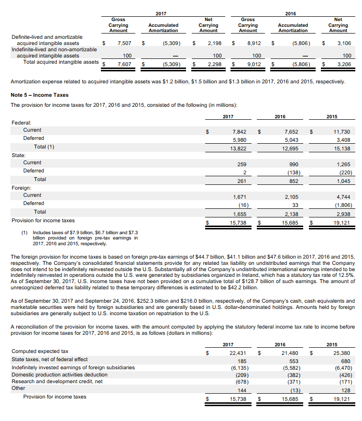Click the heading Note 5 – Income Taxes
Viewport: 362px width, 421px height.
(39, 95)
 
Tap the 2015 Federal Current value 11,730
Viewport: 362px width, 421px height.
(341, 131)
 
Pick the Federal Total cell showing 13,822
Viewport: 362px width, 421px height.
(238, 147)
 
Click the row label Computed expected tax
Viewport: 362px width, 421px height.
(40, 351)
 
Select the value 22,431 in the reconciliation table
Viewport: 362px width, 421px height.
(238, 353)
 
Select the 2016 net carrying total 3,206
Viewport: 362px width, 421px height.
(343, 64)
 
